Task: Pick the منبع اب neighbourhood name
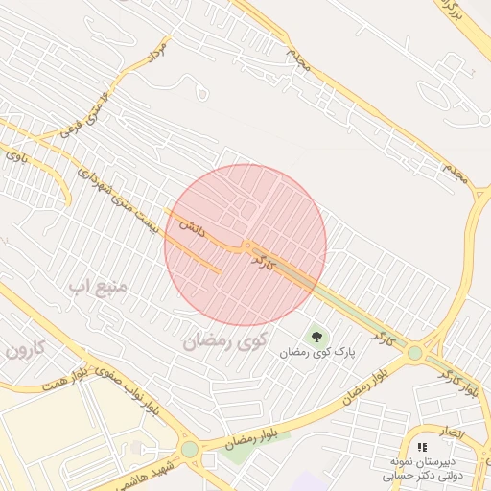coord(104,286)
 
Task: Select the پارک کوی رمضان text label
coord(317,353)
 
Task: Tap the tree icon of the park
coord(316,336)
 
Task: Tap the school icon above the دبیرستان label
coord(423,447)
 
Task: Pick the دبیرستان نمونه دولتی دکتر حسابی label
coord(422,468)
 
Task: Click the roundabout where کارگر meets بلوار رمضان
coord(414,354)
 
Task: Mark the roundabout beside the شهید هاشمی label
coord(190,449)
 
